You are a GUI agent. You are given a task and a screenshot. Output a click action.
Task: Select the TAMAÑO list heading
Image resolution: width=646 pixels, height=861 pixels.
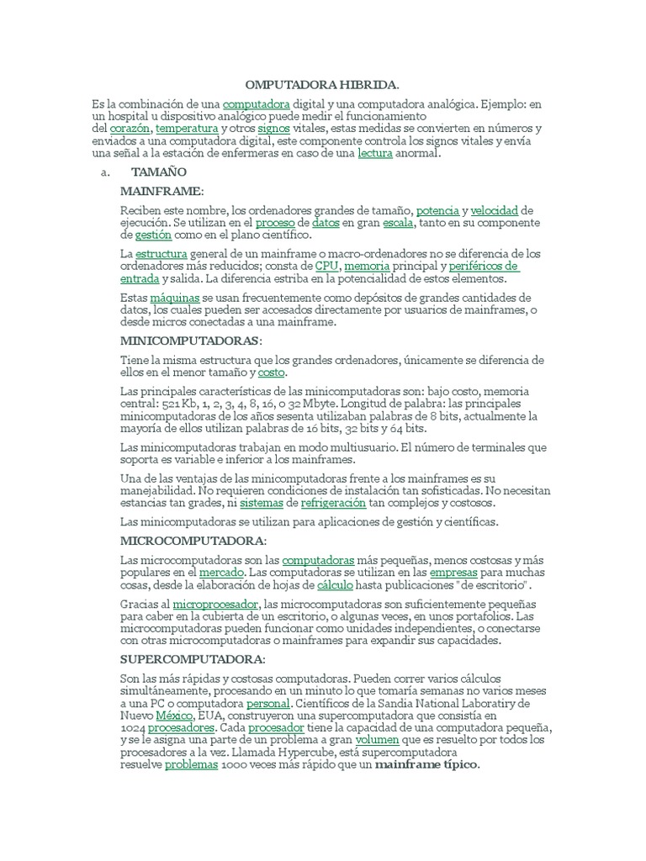coord(159,172)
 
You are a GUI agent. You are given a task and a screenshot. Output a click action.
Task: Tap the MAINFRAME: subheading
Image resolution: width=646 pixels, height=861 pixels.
coord(161,192)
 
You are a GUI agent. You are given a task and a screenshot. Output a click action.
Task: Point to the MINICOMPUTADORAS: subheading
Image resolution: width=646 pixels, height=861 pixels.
coord(191,341)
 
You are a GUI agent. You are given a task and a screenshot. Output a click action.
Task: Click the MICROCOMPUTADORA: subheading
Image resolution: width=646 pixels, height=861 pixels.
coord(193,540)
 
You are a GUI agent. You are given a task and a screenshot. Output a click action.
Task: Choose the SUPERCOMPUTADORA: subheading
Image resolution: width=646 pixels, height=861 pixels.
coord(193,658)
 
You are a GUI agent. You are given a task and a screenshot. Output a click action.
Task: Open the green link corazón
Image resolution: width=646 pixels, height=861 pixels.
coord(130,129)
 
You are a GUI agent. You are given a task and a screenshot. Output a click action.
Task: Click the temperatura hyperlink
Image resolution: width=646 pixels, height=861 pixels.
coord(187,129)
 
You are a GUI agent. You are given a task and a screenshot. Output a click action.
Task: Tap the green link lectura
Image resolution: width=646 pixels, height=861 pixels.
coord(375,154)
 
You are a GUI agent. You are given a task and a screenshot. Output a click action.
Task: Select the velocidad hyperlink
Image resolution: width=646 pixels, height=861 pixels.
coord(494,209)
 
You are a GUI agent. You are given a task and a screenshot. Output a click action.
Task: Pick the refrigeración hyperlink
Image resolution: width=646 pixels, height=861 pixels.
coord(333,503)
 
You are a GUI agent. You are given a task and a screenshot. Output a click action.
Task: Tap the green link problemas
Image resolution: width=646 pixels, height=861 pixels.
coord(191,765)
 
